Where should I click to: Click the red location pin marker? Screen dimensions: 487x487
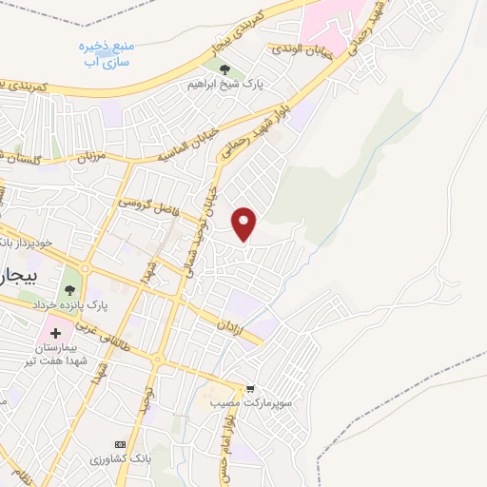click(x=245, y=223)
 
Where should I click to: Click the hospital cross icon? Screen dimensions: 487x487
click(x=56, y=333)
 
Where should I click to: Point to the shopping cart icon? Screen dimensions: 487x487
click(x=250, y=388)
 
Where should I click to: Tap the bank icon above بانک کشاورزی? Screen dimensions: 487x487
click(x=120, y=444)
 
